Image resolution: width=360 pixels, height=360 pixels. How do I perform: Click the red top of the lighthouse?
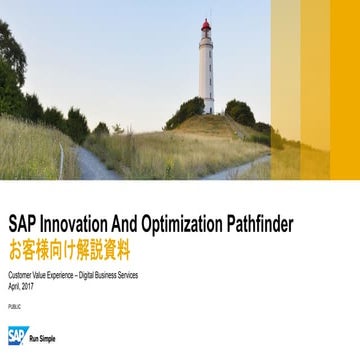tap(206, 27)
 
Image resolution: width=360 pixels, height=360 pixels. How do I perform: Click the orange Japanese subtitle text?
tap(69, 248)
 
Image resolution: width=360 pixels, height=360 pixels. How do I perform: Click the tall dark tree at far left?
tap(12, 70)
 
